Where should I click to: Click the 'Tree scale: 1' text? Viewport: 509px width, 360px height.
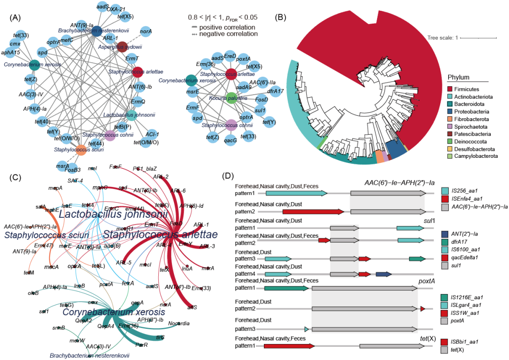tap(442, 38)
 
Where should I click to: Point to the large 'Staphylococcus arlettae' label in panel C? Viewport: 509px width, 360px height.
tap(160, 234)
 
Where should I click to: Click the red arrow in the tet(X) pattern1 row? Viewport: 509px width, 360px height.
tap(288, 346)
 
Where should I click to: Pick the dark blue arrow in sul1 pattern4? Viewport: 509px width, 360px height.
tap(384, 274)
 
